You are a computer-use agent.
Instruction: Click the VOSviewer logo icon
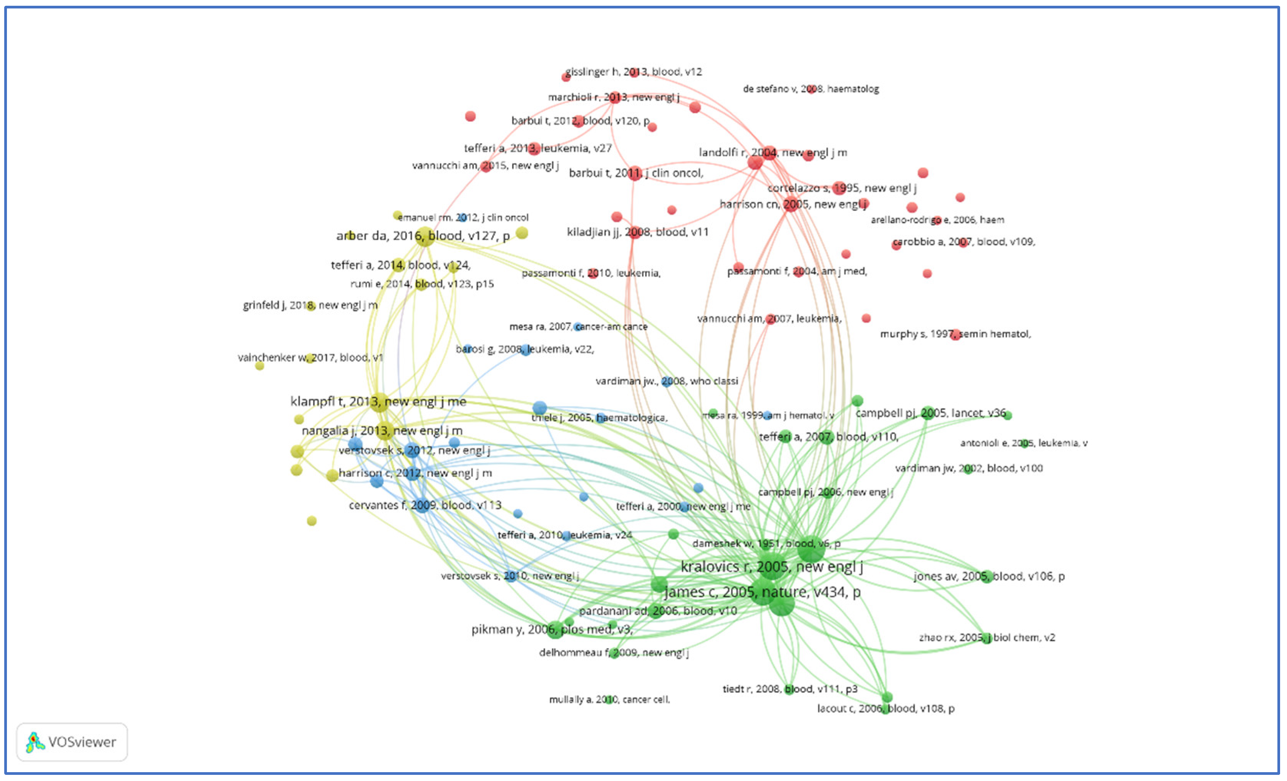click(35, 742)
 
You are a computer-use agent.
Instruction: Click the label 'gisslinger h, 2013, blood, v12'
click(633, 71)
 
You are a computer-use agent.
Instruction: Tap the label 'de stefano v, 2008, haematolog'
click(811, 89)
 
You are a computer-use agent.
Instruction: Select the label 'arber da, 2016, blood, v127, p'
click(423, 236)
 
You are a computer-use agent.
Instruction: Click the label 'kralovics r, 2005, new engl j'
click(771, 566)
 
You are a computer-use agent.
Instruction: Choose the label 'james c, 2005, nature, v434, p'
click(762, 592)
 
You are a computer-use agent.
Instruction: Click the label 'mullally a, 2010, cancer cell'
click(609, 699)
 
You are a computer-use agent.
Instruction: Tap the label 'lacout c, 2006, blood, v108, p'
click(885, 708)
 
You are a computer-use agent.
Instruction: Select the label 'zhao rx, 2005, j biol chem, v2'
click(987, 637)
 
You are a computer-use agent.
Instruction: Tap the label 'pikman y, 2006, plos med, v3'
click(552, 630)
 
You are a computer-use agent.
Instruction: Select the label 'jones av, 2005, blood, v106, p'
click(989, 576)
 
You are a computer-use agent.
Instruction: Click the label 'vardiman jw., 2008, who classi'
click(667, 381)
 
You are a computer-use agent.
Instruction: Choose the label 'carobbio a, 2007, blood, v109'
click(963, 242)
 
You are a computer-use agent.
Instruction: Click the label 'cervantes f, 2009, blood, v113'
click(425, 505)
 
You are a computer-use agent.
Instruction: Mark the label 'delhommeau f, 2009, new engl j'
click(614, 652)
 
